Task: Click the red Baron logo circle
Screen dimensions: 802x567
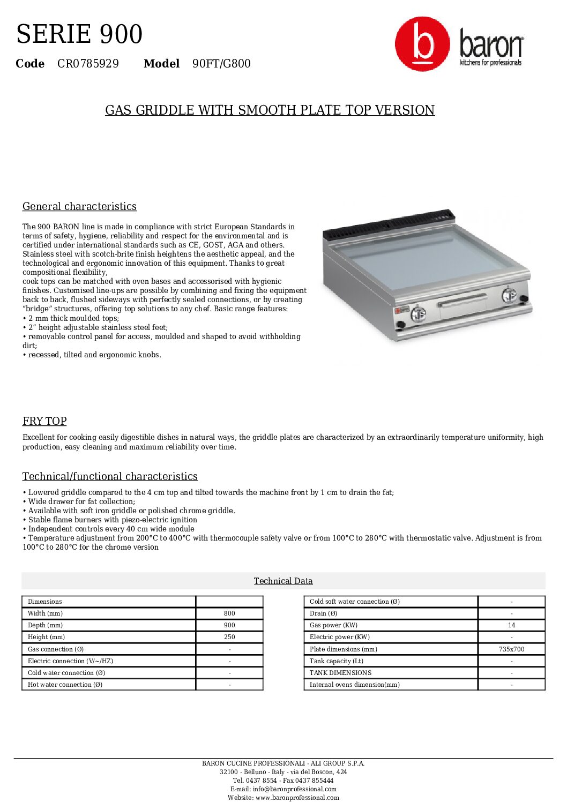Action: click(x=422, y=44)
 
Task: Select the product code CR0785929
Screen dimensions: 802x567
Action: click(x=88, y=64)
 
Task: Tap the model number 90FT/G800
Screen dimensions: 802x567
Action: click(x=221, y=64)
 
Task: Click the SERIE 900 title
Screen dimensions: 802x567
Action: click(x=79, y=34)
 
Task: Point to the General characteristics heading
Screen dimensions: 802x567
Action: click(x=79, y=206)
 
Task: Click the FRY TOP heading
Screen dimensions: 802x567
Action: click(x=44, y=421)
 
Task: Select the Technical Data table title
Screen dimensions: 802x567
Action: click(x=283, y=581)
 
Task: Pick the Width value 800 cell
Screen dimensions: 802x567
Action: click(x=229, y=613)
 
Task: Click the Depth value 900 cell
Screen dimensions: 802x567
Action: click(x=229, y=625)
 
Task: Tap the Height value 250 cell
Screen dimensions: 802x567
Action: click(x=229, y=637)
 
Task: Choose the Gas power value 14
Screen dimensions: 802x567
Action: click(x=511, y=625)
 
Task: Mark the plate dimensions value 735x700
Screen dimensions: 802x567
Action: click(x=511, y=649)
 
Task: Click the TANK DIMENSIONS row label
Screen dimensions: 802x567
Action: click(x=340, y=673)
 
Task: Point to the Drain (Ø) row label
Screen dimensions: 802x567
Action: click(x=323, y=613)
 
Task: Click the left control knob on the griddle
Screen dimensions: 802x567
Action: click(x=418, y=314)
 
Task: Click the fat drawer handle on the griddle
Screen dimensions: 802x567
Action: click(x=462, y=301)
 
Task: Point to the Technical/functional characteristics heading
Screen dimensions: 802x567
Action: click(x=110, y=476)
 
